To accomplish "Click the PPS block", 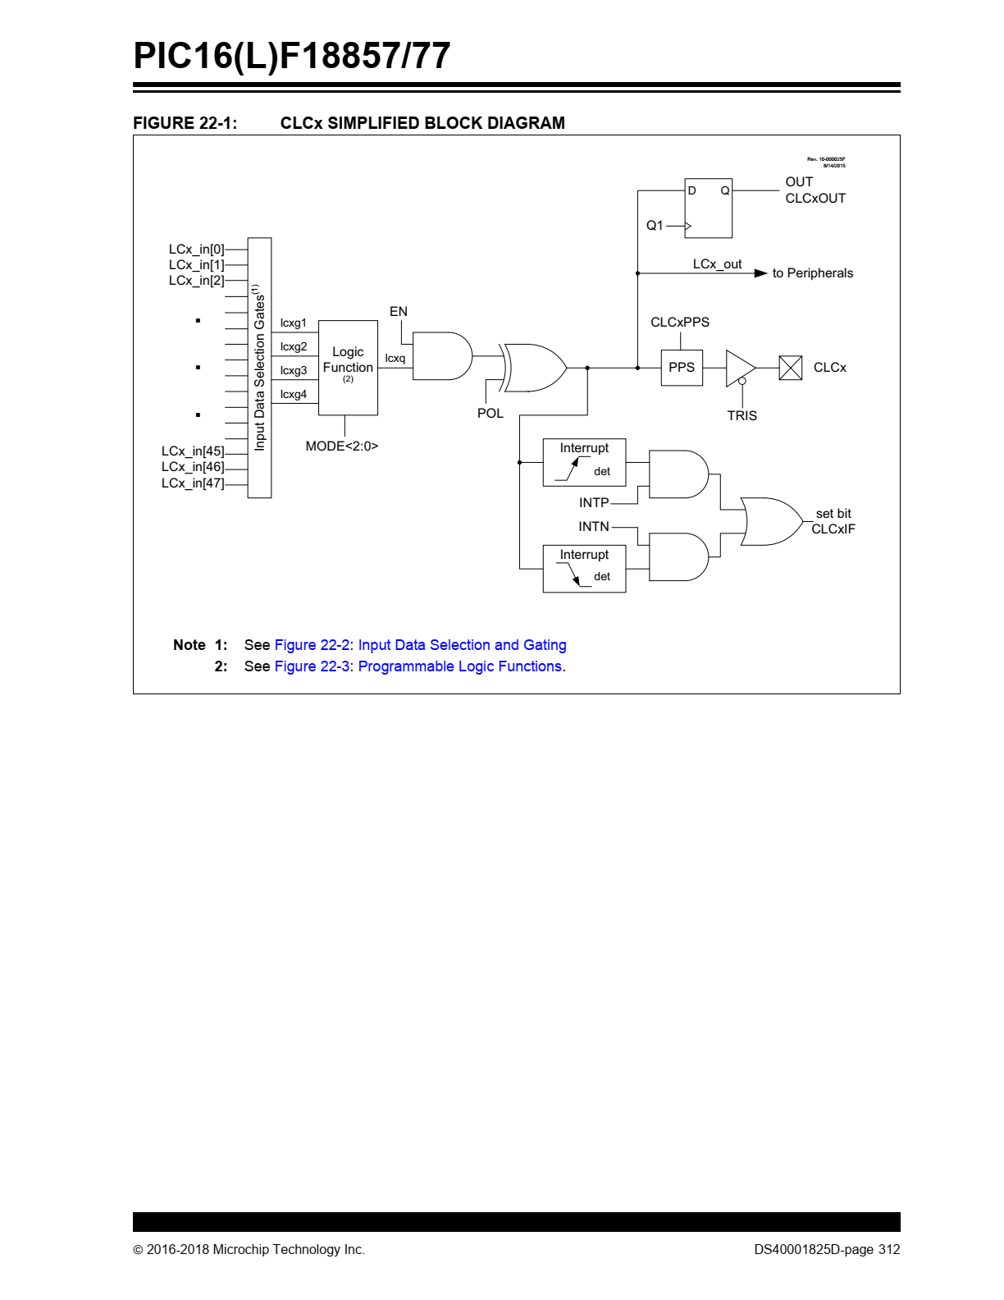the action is [x=682, y=368].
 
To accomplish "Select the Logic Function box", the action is [x=348, y=368].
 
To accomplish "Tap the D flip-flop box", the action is [x=708, y=208].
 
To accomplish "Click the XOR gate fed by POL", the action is [x=533, y=368].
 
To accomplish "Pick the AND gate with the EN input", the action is [x=442, y=356].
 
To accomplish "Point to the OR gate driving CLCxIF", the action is [x=771, y=521].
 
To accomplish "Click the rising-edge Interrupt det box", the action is [x=584, y=462].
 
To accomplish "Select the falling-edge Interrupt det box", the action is [x=584, y=568].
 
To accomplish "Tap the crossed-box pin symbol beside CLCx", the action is [x=791, y=368].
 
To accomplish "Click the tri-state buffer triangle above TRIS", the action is [x=741, y=368].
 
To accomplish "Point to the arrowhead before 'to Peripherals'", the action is [x=760, y=273].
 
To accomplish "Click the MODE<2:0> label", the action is [x=342, y=446].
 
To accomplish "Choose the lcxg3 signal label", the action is [x=294, y=370].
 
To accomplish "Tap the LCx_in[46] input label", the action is [x=193, y=467].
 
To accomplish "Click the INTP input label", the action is [x=594, y=502].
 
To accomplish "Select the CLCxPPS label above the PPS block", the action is [x=680, y=322].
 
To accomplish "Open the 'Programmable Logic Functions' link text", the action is [x=460, y=666].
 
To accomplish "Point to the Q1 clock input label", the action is [x=655, y=226].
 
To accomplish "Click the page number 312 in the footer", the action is [x=889, y=1249].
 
